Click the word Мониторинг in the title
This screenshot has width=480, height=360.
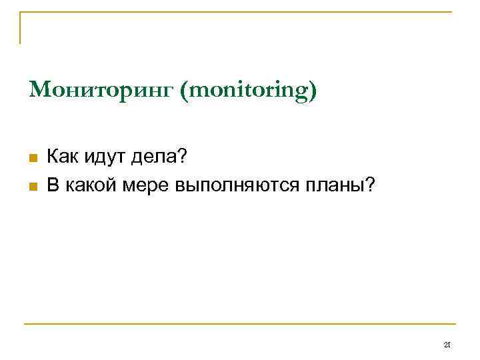[x=100, y=89]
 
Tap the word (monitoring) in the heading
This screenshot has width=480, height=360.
[x=247, y=90]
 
